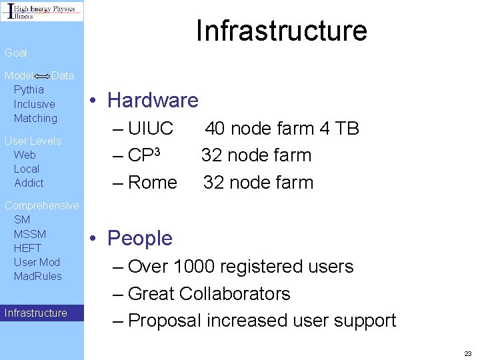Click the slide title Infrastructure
click(281, 31)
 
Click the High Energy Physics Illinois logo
click(42, 11)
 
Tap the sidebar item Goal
click(16, 53)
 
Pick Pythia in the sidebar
click(29, 89)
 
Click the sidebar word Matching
click(35, 118)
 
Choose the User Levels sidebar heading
click(33, 141)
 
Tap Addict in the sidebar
click(29, 183)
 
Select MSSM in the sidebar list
click(30, 233)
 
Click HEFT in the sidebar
click(27, 248)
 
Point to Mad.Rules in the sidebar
click(38, 276)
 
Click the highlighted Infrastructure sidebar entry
click(36, 313)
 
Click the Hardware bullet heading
click(153, 101)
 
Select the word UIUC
click(151, 128)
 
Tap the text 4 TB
click(341, 128)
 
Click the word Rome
click(153, 182)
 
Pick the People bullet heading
click(140, 238)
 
